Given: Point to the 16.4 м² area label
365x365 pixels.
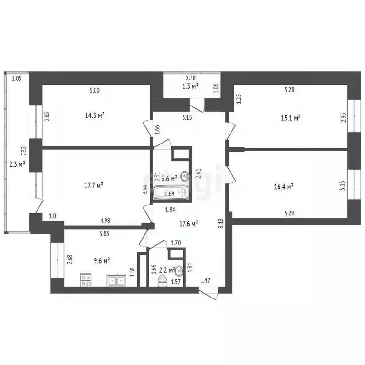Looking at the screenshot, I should (x=284, y=187).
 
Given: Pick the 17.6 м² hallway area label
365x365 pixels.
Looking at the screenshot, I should (x=189, y=222).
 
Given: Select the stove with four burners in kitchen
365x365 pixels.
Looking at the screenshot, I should (x=86, y=280).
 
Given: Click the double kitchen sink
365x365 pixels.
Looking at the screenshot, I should (x=115, y=281).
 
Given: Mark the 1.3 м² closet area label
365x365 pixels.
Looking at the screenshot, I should (x=190, y=86).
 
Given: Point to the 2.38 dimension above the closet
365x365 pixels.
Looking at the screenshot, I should (x=191, y=78).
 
